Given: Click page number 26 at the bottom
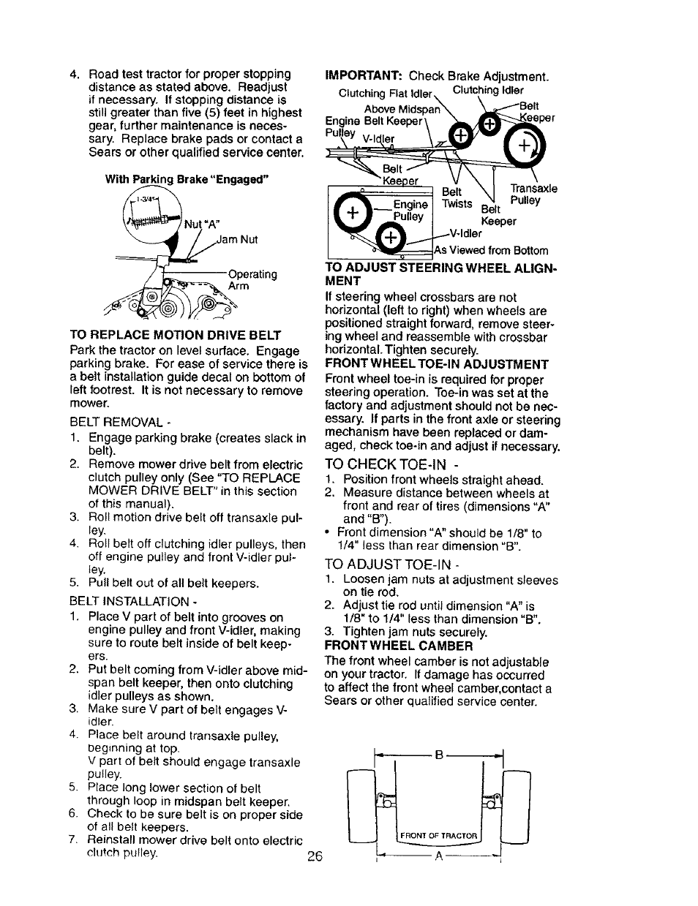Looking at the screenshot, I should (x=315, y=856).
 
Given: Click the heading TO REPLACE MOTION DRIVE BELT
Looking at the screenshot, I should (x=175, y=336).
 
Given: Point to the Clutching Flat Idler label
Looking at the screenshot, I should (x=386, y=94).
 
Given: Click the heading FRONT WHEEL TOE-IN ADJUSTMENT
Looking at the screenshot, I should (x=436, y=364).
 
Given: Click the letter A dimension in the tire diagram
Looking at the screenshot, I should (x=438, y=858).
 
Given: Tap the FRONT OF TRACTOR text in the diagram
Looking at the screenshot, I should (x=438, y=835).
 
